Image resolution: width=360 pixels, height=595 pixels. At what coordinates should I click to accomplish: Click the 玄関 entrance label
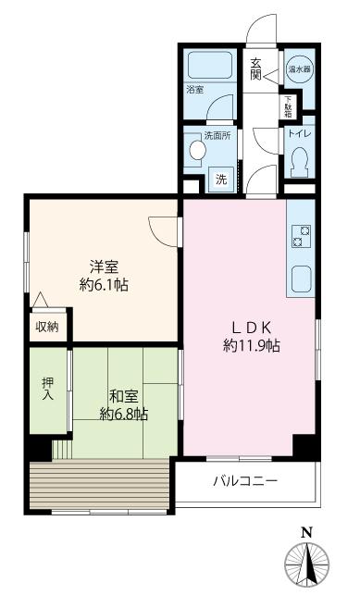pos(256,70)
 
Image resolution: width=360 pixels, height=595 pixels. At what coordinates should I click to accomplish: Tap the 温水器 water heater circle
pos(299,68)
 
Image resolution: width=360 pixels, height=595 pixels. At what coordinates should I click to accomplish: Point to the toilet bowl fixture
pos(299,163)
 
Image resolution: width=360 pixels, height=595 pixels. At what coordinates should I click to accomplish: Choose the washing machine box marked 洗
pos(221,179)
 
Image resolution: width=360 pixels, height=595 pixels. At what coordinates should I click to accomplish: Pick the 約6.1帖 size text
pos(104,285)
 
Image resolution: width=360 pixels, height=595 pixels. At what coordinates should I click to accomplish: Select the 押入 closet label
pos(47,390)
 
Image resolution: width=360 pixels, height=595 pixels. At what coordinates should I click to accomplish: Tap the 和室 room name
pos(124,395)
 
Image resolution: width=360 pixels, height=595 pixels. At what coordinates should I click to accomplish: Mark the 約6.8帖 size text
pos(124,414)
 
